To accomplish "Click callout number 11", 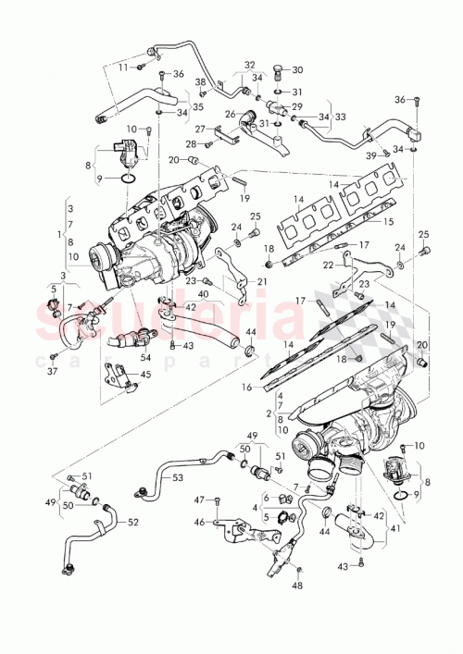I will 121,68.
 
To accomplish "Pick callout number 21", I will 262,282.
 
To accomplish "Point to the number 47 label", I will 198,500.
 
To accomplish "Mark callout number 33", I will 340,117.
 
